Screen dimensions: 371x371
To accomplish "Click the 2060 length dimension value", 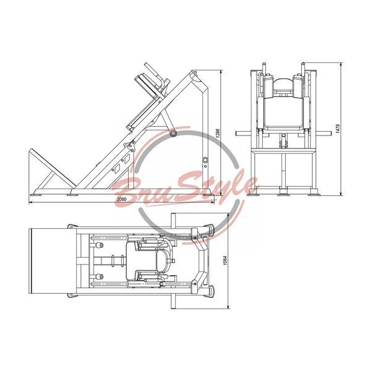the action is pos(121,199).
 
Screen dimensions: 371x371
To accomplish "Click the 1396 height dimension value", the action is pos(218,134).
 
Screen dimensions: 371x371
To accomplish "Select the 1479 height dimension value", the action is pos(338,129).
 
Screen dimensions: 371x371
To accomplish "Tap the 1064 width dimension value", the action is pos(225,260).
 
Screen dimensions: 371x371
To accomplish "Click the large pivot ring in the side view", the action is pos(173,134).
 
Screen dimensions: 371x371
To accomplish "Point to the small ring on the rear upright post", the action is pos(205,160).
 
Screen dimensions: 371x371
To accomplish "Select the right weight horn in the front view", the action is pos(320,134).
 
